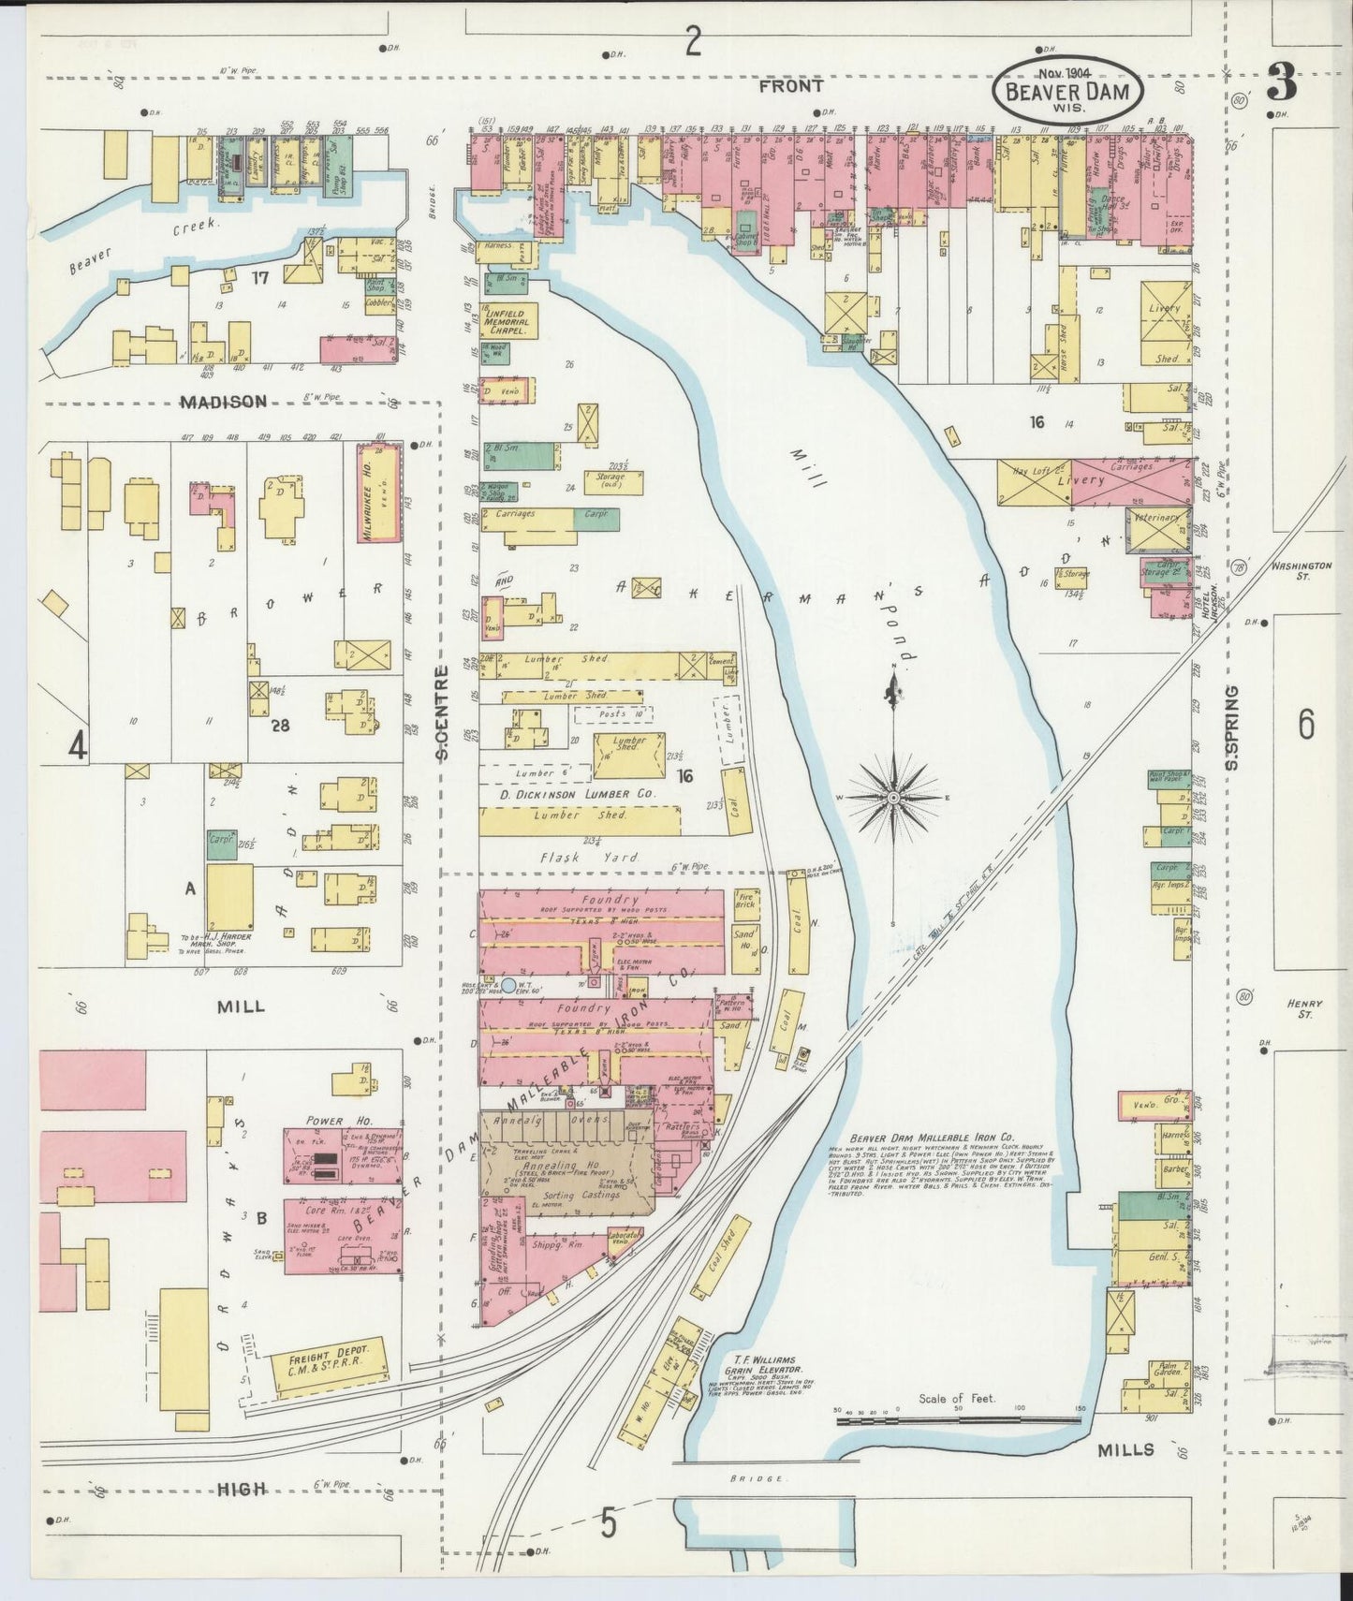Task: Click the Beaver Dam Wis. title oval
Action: [x=1066, y=90]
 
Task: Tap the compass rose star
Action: [x=893, y=797]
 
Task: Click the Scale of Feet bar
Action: [x=959, y=1420]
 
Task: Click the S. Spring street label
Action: [x=1232, y=728]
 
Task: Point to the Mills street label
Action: [x=1125, y=1448]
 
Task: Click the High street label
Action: [x=242, y=1489]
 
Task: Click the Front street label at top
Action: [x=790, y=86]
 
